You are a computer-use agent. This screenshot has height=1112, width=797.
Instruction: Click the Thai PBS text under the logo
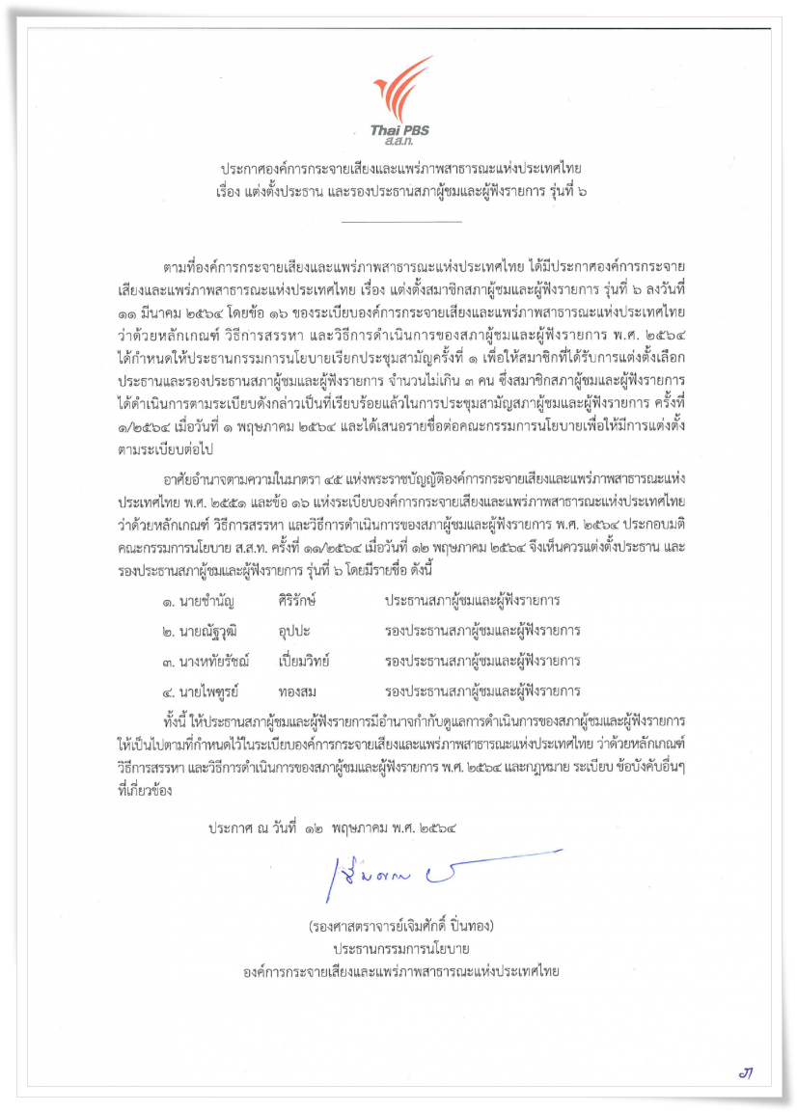click(x=397, y=132)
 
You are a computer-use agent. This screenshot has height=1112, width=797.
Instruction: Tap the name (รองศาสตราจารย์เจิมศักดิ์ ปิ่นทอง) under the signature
click(x=401, y=927)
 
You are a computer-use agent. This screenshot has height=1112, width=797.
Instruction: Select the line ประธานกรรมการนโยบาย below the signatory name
click(x=401, y=950)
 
